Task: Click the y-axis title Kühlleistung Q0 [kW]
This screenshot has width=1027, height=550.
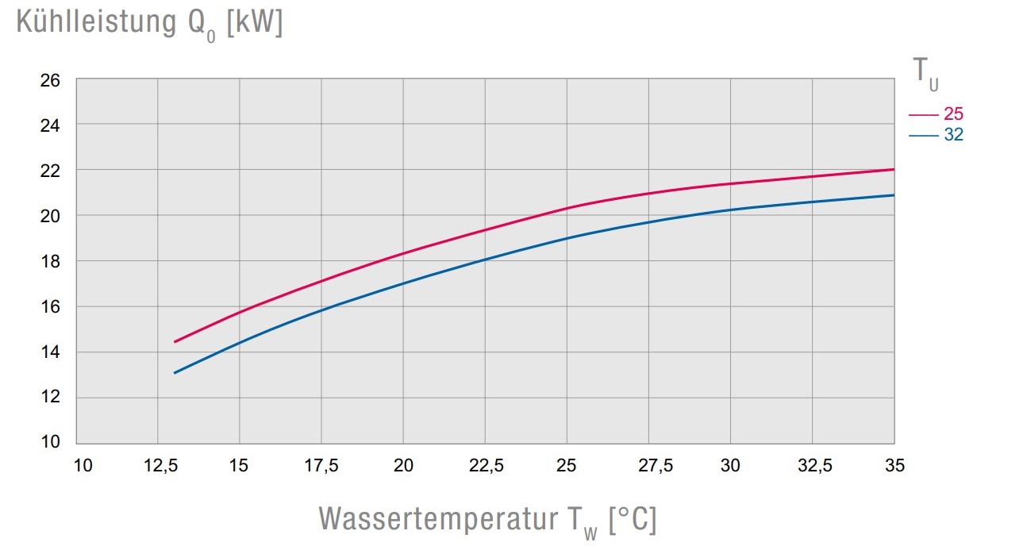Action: click(149, 25)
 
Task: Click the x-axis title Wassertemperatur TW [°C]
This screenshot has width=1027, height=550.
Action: click(487, 520)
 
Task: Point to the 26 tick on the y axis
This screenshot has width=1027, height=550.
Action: click(49, 80)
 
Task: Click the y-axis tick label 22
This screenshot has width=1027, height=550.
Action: click(49, 171)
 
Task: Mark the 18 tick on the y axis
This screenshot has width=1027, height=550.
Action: click(49, 261)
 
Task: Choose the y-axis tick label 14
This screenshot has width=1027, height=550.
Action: click(49, 352)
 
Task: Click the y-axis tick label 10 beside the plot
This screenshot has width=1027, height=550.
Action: click(49, 442)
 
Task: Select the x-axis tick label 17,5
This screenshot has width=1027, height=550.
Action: click(321, 467)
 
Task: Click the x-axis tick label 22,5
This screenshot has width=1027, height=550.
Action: click(485, 467)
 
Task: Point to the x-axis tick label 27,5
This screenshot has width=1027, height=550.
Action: click(648, 467)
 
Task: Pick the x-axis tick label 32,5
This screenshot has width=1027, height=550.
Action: click(812, 467)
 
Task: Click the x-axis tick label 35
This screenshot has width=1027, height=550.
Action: click(894, 467)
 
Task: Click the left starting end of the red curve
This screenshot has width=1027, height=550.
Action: click(175, 341)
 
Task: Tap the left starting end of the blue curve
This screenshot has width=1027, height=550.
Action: click(175, 372)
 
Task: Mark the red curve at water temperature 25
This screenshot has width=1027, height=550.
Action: click(567, 209)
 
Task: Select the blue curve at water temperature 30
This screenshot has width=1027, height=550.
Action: click(730, 210)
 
